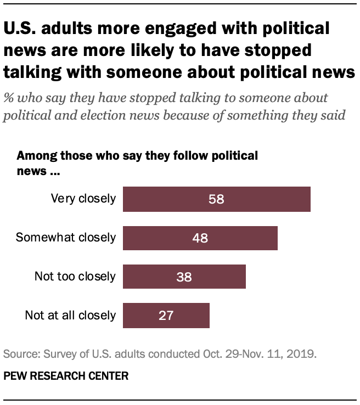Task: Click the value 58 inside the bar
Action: pyautogui.click(x=216, y=199)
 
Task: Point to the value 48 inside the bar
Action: pyautogui.click(x=200, y=238)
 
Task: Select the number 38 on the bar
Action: pyautogui.click(x=184, y=277)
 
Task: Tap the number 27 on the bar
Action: pyautogui.click(x=166, y=315)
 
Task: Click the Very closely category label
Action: pyautogui.click(x=83, y=199)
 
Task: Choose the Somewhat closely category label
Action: pyautogui.click(x=66, y=238)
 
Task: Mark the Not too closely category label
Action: pyautogui.click(x=75, y=277)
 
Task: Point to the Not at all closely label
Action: pyautogui.click(x=70, y=315)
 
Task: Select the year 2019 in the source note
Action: pyautogui.click(x=304, y=354)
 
